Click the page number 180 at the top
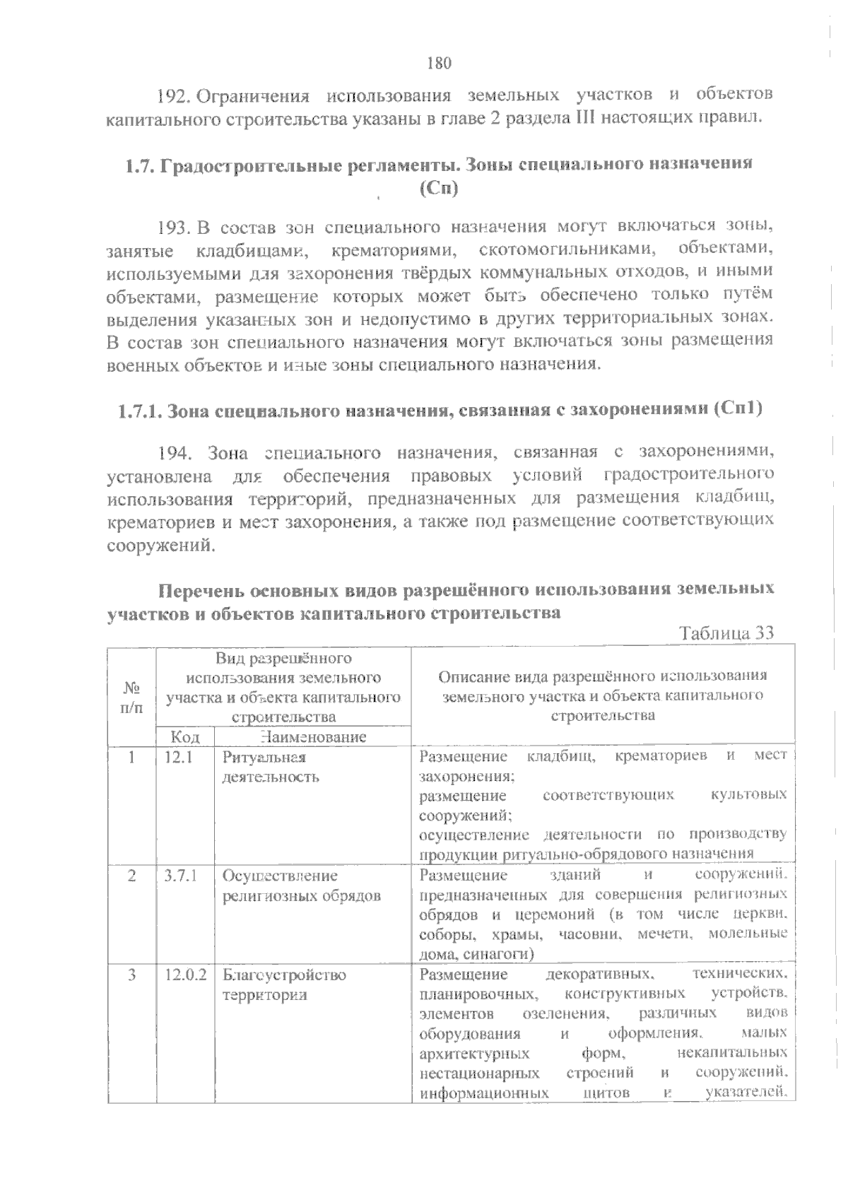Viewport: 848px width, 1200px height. (439, 63)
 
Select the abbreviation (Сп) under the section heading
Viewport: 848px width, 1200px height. (439, 189)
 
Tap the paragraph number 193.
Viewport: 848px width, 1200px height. (173, 228)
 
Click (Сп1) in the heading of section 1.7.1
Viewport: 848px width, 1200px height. (737, 409)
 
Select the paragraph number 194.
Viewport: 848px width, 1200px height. (173, 453)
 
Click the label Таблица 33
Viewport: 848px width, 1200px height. (726, 633)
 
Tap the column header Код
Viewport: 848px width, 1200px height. (184, 737)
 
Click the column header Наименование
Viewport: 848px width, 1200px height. (312, 737)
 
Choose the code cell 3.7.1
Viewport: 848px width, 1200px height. (180, 876)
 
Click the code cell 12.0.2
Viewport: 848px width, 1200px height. (185, 975)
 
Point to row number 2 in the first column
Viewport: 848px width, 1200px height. (131, 876)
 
